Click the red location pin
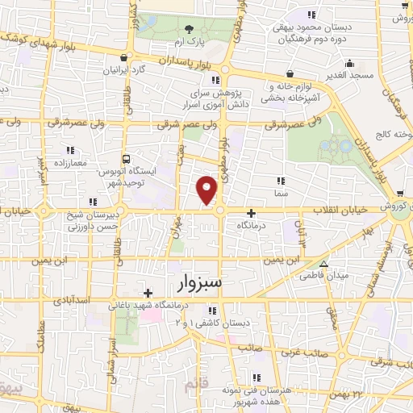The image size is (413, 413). point(208,190)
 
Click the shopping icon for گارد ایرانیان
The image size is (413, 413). point(121,58)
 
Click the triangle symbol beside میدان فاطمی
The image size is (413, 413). point(323,264)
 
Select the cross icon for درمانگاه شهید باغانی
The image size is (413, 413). point(147,293)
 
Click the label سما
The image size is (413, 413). point(280,194)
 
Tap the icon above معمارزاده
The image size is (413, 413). point(70,150)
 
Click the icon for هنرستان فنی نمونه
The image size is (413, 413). point(256,377)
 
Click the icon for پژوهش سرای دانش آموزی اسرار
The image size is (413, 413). point(214,80)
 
